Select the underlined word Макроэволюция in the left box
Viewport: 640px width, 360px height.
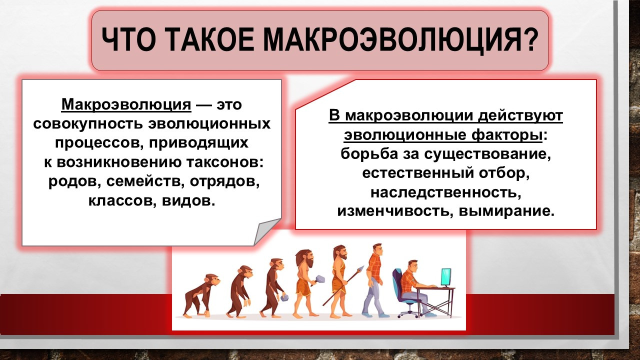point(126,104)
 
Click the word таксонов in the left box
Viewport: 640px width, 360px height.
point(224,162)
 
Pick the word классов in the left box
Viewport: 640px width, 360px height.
point(122,201)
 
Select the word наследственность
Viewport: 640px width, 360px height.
point(445,193)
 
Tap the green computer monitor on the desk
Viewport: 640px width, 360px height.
point(446,277)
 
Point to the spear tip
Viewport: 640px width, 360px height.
point(361,268)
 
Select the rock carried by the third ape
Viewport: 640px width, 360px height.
point(284,298)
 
